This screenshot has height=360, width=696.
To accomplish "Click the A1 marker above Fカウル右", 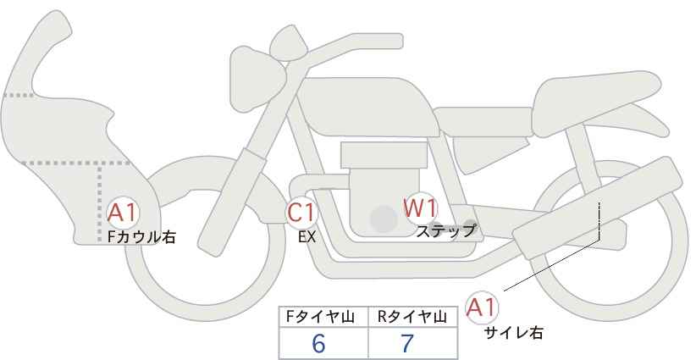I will pos(124,212).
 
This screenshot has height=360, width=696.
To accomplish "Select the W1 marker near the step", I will pos(419,207).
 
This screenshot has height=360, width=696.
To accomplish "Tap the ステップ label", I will pos(446,229).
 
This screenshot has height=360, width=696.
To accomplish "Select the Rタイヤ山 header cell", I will pos(412,317).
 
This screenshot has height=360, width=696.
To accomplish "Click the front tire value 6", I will pos(319,344).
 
